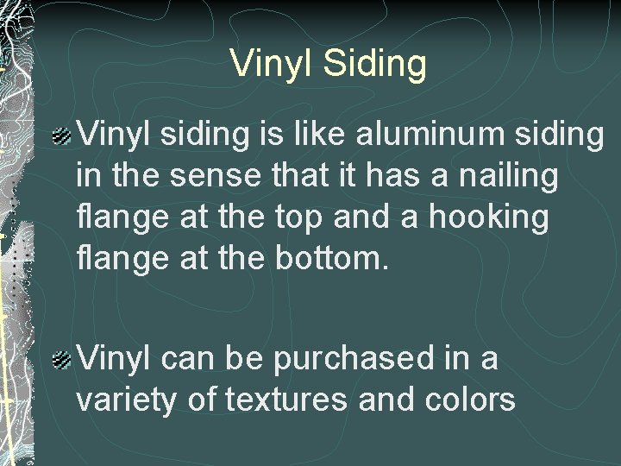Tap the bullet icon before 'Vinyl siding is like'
(62, 135)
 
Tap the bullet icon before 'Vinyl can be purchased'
(62, 359)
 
